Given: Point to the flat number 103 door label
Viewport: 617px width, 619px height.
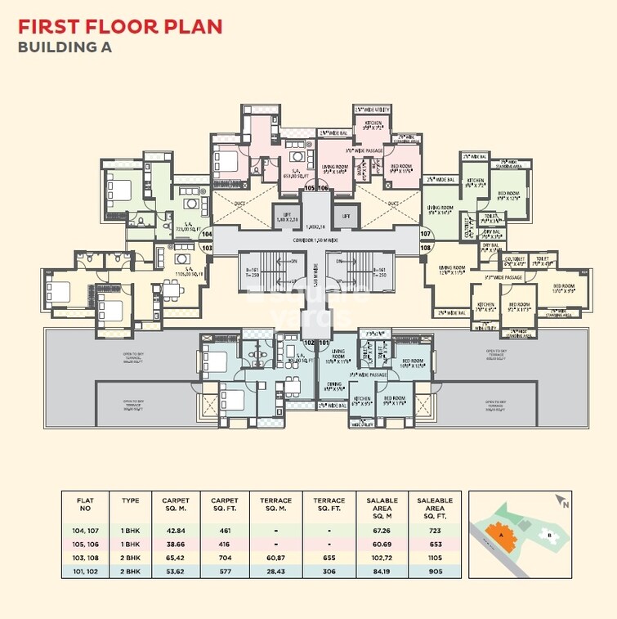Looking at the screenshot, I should coord(207,246).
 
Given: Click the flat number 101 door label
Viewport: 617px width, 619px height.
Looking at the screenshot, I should coord(324,342).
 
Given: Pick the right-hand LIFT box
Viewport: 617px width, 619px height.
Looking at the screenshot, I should coord(346,216).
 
